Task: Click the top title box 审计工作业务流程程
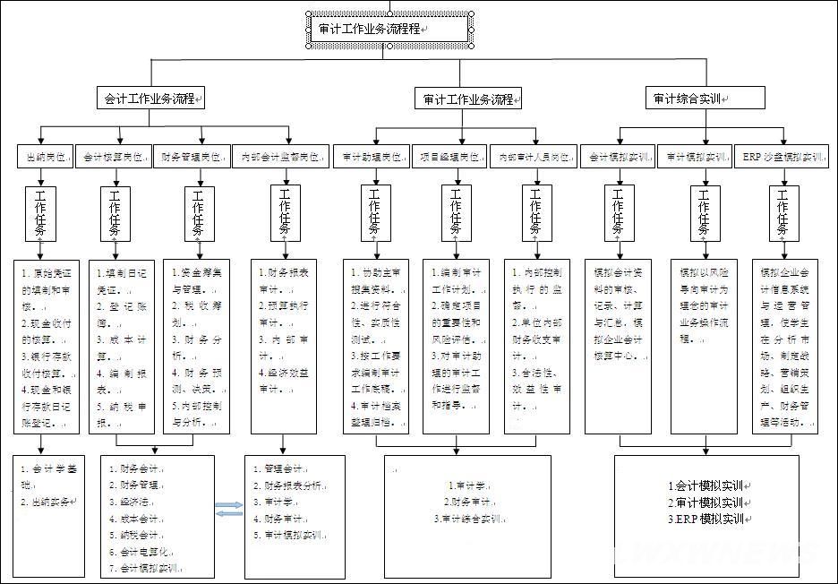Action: click(x=388, y=29)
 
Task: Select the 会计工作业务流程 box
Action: click(x=150, y=98)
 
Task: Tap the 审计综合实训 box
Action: click(x=705, y=98)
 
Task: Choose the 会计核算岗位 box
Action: click(x=113, y=157)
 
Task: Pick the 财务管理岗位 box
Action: click(x=192, y=157)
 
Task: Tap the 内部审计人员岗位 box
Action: click(x=534, y=157)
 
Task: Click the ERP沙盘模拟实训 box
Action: click(x=782, y=157)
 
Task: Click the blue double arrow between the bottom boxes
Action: click(x=229, y=509)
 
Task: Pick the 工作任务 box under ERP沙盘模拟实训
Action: click(x=782, y=213)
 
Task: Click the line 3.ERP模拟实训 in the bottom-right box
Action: click(x=707, y=520)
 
